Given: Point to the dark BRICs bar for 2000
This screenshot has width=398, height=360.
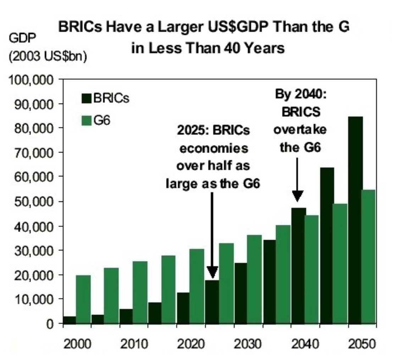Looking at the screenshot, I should [x=70, y=320].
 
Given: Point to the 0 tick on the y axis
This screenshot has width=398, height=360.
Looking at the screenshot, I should [x=52, y=324].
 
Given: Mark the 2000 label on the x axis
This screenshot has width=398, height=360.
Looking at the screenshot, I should [x=77, y=344].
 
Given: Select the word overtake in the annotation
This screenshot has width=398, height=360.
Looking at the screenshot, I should [x=300, y=129].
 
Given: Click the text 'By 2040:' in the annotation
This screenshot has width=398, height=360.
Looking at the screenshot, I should [x=300, y=95].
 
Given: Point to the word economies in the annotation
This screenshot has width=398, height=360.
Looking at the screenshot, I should [x=214, y=148].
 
